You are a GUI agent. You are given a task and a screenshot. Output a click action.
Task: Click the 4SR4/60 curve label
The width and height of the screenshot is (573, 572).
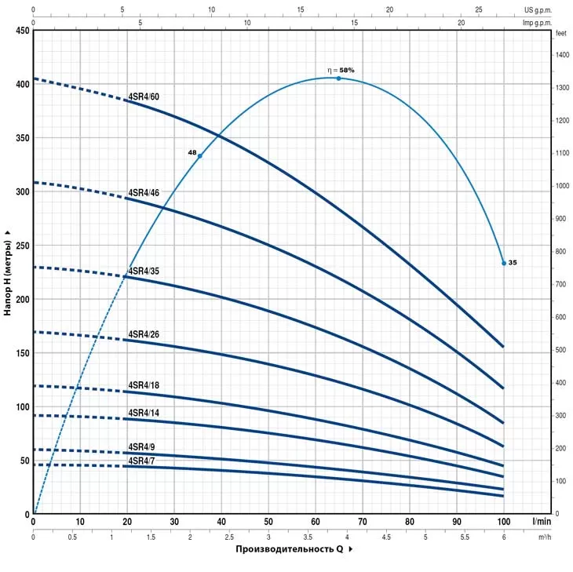144,97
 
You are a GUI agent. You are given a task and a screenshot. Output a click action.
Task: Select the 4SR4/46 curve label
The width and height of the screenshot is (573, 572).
144,192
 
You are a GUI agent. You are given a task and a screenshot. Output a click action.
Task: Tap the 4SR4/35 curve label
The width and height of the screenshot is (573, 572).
144,271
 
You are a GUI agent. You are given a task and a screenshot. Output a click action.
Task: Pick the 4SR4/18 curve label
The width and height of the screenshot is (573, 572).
144,385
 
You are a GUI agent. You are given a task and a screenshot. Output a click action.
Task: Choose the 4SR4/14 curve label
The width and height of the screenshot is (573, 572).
144,413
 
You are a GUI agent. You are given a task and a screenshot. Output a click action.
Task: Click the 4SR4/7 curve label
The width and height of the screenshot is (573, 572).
141,461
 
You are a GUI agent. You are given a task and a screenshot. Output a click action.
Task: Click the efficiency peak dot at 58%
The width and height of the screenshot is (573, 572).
339,78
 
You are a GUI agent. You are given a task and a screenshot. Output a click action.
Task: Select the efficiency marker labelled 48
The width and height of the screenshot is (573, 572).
200,155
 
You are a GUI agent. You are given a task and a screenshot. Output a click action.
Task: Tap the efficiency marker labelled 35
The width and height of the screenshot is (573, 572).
504,263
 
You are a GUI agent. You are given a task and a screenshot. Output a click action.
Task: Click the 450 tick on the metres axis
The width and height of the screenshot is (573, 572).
20,31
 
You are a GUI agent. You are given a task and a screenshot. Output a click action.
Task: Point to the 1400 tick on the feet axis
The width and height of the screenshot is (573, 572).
563,55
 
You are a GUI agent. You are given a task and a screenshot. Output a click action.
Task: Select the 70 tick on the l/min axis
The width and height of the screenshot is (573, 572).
362,521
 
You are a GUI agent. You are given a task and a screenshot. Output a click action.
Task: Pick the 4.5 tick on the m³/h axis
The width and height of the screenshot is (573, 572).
385,537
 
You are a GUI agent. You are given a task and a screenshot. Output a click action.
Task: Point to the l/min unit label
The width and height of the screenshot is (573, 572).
542,521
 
